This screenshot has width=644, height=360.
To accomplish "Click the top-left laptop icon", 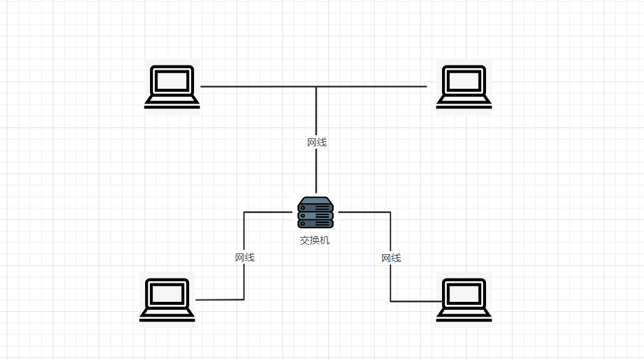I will point(172,87).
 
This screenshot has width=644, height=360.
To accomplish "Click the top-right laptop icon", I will point(463,87).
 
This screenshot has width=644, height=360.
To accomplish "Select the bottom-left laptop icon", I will point(167,299).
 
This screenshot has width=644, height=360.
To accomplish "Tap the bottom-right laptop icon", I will point(463,299).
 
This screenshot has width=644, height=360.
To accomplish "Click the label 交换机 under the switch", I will point(315,240).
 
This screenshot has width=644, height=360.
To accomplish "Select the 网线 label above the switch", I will point(316,142).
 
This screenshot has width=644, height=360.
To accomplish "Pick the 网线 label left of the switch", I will point(244,257).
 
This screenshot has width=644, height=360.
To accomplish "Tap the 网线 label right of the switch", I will point(391,258).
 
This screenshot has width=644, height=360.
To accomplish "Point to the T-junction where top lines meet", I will point(316,87).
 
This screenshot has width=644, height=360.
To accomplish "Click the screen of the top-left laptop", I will point(172,80).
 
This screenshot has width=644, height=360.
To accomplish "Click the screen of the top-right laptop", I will point(463,80).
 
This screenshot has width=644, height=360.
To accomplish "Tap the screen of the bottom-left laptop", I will point(167,293).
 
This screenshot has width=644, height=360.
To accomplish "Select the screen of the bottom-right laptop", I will point(463,293).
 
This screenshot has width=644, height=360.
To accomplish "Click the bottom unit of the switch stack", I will point(315,223).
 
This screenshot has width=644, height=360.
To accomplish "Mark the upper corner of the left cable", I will point(244,212).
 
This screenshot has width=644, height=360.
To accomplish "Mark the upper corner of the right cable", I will point(391,212).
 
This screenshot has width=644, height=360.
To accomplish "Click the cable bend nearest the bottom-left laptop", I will point(244,299).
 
